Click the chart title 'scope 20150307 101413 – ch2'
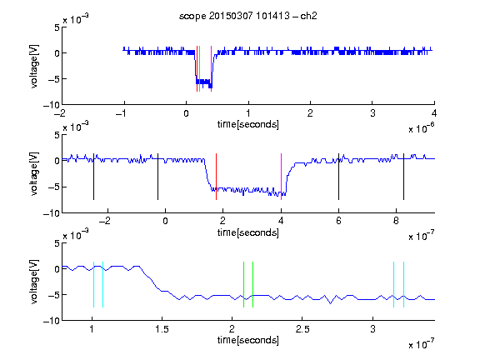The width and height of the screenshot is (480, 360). (248, 16)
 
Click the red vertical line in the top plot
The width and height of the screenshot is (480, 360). (197, 68)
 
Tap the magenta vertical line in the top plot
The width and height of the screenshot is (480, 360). (211, 68)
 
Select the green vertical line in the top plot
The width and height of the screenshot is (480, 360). (200, 68)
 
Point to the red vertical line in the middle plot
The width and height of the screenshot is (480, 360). (216, 177)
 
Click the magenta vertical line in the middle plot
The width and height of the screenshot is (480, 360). (282, 177)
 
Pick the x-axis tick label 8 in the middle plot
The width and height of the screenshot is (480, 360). (396, 221)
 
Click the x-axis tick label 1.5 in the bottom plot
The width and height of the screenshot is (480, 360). (162, 329)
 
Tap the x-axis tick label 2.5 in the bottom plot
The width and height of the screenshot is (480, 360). (302, 329)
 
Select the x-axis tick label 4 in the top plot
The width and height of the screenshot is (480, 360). (434, 113)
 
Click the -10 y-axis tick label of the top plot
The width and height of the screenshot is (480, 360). (52, 105)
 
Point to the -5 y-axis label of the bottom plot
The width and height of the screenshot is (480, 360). (54, 295)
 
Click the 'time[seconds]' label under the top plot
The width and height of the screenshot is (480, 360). (248, 124)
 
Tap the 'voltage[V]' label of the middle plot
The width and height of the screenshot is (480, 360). (34, 174)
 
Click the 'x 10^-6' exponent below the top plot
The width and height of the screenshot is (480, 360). (421, 128)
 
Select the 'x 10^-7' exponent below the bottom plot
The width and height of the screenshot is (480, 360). (421, 344)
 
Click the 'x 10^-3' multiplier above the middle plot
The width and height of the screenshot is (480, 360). (76, 127)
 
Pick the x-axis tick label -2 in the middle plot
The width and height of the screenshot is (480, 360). (105, 221)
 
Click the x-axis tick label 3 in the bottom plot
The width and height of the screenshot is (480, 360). (372, 329)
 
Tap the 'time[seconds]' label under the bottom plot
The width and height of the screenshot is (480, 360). (248, 340)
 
